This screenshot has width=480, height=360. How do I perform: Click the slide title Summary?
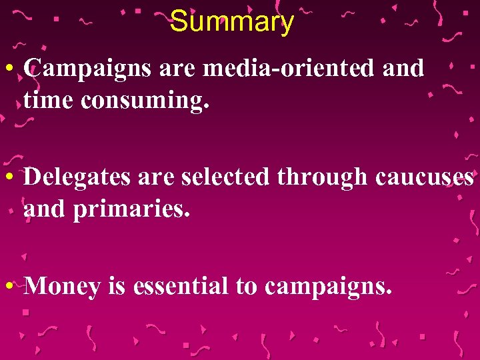coord(231,22)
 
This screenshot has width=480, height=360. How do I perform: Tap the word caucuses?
coord(424,177)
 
